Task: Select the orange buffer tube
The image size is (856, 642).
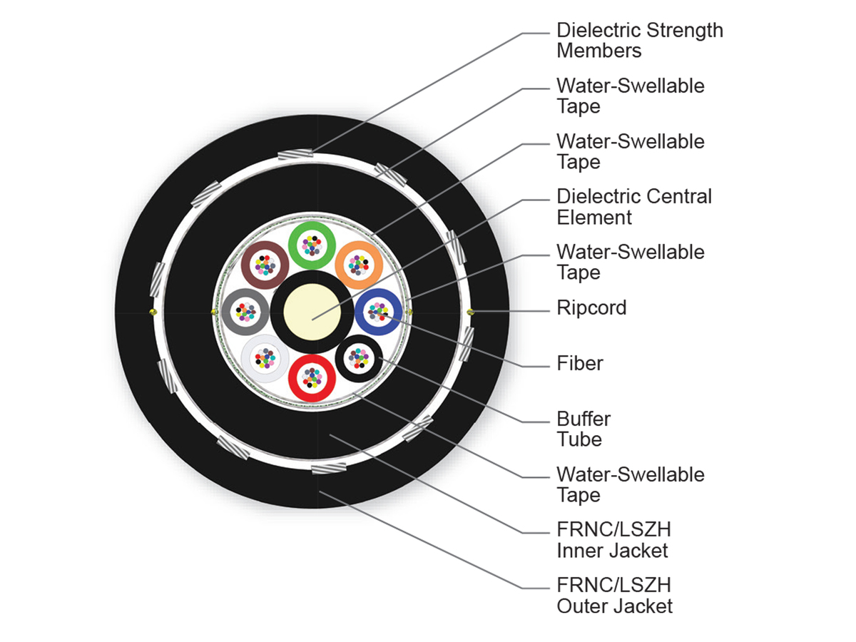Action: coord(359,265)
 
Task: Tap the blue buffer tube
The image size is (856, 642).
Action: coord(378,312)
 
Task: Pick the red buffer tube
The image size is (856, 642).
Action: coord(312,376)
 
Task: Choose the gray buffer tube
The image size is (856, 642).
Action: coord(245,312)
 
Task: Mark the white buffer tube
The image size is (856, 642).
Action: coord(265,358)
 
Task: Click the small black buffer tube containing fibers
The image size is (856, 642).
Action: coord(358,358)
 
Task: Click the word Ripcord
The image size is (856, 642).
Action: coord(591,308)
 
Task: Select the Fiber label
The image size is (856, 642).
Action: coord(579,364)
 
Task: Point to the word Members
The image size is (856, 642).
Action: coord(598,51)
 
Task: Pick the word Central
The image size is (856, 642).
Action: coord(678,197)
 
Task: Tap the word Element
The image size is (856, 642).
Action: coord(593,217)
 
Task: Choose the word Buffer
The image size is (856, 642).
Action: coord(584,419)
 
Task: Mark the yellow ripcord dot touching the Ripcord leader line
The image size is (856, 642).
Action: coord(470,312)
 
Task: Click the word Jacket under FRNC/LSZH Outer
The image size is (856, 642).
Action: coord(643,606)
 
